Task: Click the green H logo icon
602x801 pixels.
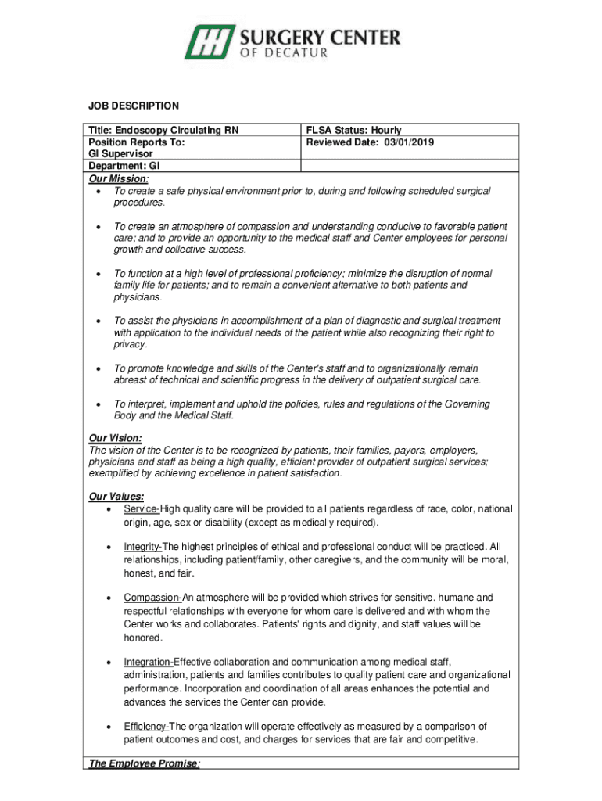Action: pyautogui.click(x=210, y=42)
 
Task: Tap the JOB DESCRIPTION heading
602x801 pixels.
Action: pyautogui.click(x=132, y=106)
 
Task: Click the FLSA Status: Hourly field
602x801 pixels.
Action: pyautogui.click(x=353, y=130)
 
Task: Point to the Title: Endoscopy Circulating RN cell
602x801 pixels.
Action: pyautogui.click(x=163, y=130)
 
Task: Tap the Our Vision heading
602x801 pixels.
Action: pyautogui.click(x=115, y=439)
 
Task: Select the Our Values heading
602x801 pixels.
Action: pyautogui.click(x=116, y=496)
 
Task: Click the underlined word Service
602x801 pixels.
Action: pyautogui.click(x=141, y=509)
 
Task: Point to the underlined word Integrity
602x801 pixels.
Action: pyautogui.click(x=142, y=546)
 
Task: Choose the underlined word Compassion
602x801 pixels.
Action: pyautogui.click(x=152, y=598)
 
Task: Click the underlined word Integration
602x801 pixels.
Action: pyautogui.click(x=148, y=662)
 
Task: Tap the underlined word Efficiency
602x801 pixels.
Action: pyautogui.click(x=145, y=726)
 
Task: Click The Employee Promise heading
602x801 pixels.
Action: pyautogui.click(x=143, y=763)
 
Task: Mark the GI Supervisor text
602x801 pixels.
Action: pyautogui.click(x=120, y=154)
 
